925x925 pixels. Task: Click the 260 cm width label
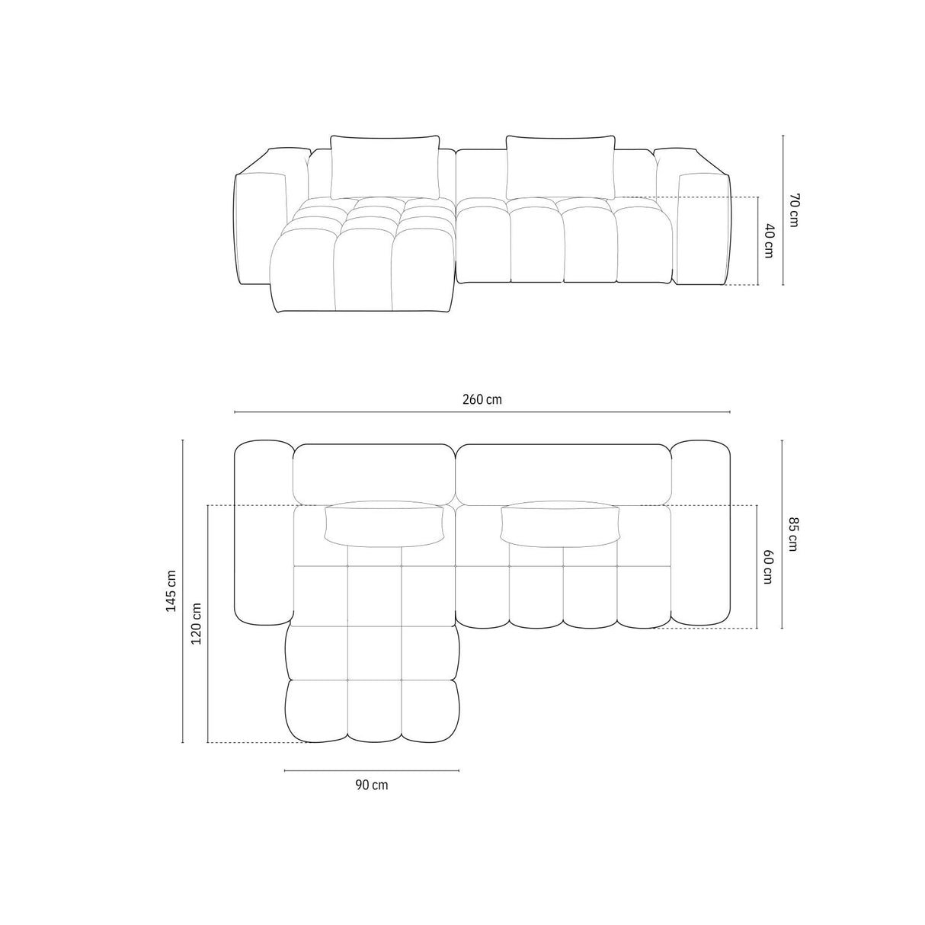click(x=482, y=399)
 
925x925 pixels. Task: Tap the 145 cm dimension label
click(x=171, y=591)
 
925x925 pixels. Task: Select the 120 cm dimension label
click(x=197, y=623)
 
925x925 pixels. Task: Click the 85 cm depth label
click(x=792, y=534)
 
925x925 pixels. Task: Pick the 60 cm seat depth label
click(x=768, y=566)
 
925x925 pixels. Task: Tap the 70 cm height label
click(x=793, y=210)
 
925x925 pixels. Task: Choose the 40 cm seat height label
click(x=769, y=241)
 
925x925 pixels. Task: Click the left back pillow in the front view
click(x=385, y=167)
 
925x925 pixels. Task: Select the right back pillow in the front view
click(x=561, y=167)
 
